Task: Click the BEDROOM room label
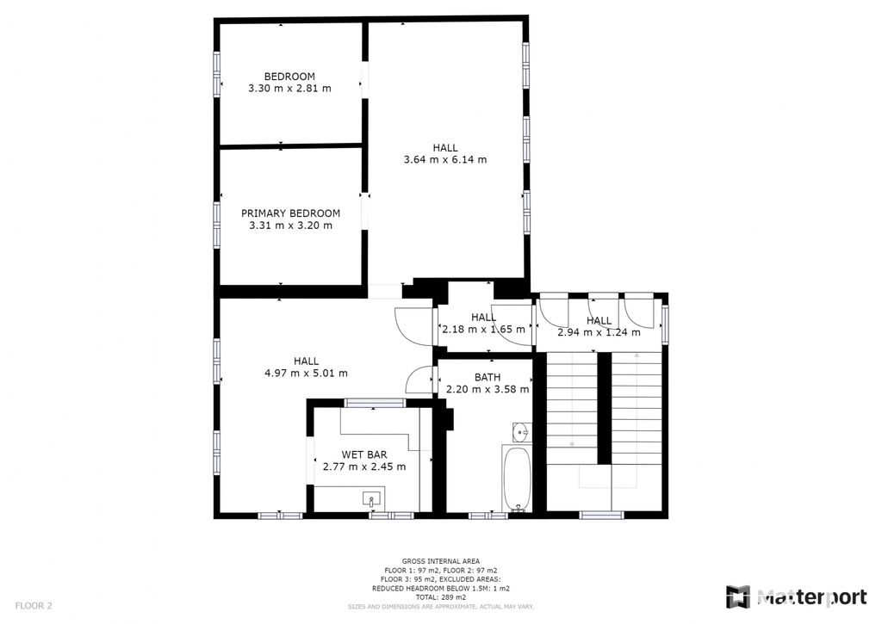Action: [x=289, y=77]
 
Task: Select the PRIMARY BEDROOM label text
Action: [x=291, y=213]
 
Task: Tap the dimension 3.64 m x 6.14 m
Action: [x=445, y=159]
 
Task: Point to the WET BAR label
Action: [x=364, y=454]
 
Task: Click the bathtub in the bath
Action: [x=517, y=479]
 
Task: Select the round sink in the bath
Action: [x=521, y=432]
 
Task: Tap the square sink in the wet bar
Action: [x=371, y=498]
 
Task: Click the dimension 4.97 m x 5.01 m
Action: [x=306, y=373]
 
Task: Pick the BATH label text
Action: [x=488, y=378]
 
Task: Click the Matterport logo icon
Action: [x=737, y=597]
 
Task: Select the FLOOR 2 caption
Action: [x=34, y=606]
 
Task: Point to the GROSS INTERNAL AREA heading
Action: [x=441, y=561]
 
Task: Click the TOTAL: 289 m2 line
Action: [x=441, y=597]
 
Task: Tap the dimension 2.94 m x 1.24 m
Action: [x=599, y=332]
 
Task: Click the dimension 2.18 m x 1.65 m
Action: [x=484, y=330]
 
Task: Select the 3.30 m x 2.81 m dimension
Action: [x=289, y=89]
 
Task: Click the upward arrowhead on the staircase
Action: [x=637, y=355]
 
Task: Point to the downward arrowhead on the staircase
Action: [x=572, y=445]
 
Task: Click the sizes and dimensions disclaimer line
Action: [x=441, y=607]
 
